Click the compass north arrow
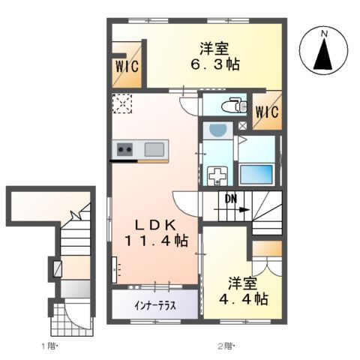[325, 55]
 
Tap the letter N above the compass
[325, 34]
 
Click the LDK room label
[156, 224]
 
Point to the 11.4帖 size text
[157, 241]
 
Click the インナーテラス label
[155, 305]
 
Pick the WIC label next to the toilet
[266, 112]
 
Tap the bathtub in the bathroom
[258, 173]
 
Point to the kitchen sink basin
[155, 148]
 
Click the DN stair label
[232, 199]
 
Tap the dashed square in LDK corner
[122, 103]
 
